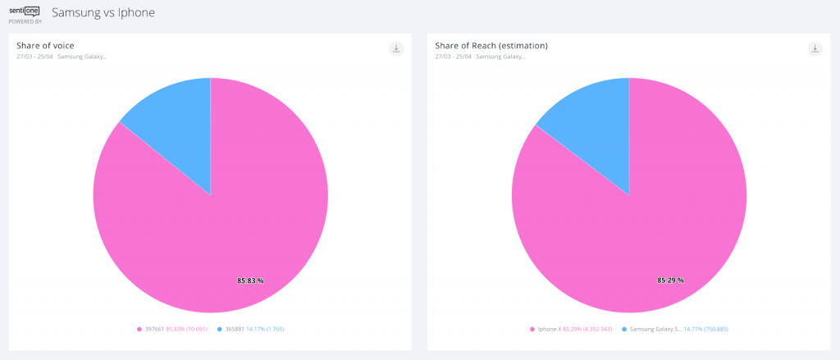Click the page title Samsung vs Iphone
pyautogui.click(x=103, y=13)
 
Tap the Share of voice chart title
pyautogui.click(x=45, y=45)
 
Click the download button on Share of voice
pyautogui.click(x=396, y=48)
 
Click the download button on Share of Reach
pyautogui.click(x=815, y=48)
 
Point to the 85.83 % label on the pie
pyautogui.click(x=250, y=280)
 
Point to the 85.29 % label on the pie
pyautogui.click(x=670, y=280)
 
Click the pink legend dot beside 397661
pyautogui.click(x=139, y=329)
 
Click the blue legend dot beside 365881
pyautogui.click(x=220, y=329)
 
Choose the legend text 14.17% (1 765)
pyautogui.click(x=265, y=329)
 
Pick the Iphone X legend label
pyautogui.click(x=549, y=329)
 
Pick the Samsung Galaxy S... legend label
pyautogui.click(x=655, y=329)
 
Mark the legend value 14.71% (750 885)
pyautogui.click(x=706, y=329)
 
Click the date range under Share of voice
pyautogui.click(x=34, y=57)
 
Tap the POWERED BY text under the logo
pyautogui.click(x=25, y=22)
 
